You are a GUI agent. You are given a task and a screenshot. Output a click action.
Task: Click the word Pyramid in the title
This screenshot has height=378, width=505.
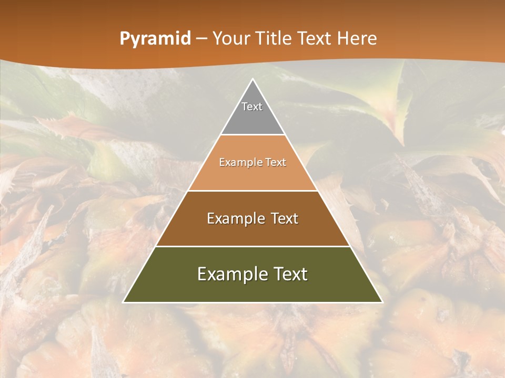pos(155,39)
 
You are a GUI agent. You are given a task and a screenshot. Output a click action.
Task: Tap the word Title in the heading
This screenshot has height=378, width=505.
pos(274,38)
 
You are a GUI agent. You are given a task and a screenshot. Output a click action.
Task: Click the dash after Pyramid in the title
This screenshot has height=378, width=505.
pos(201,39)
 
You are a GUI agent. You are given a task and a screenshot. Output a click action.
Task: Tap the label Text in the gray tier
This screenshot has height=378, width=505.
pos(252,107)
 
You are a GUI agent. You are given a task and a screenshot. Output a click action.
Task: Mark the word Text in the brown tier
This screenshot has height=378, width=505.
pos(285,218)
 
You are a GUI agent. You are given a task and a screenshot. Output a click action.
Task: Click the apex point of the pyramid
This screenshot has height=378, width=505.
pos(252,80)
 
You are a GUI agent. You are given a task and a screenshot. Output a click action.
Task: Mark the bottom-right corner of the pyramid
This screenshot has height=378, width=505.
pos(381,302)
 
